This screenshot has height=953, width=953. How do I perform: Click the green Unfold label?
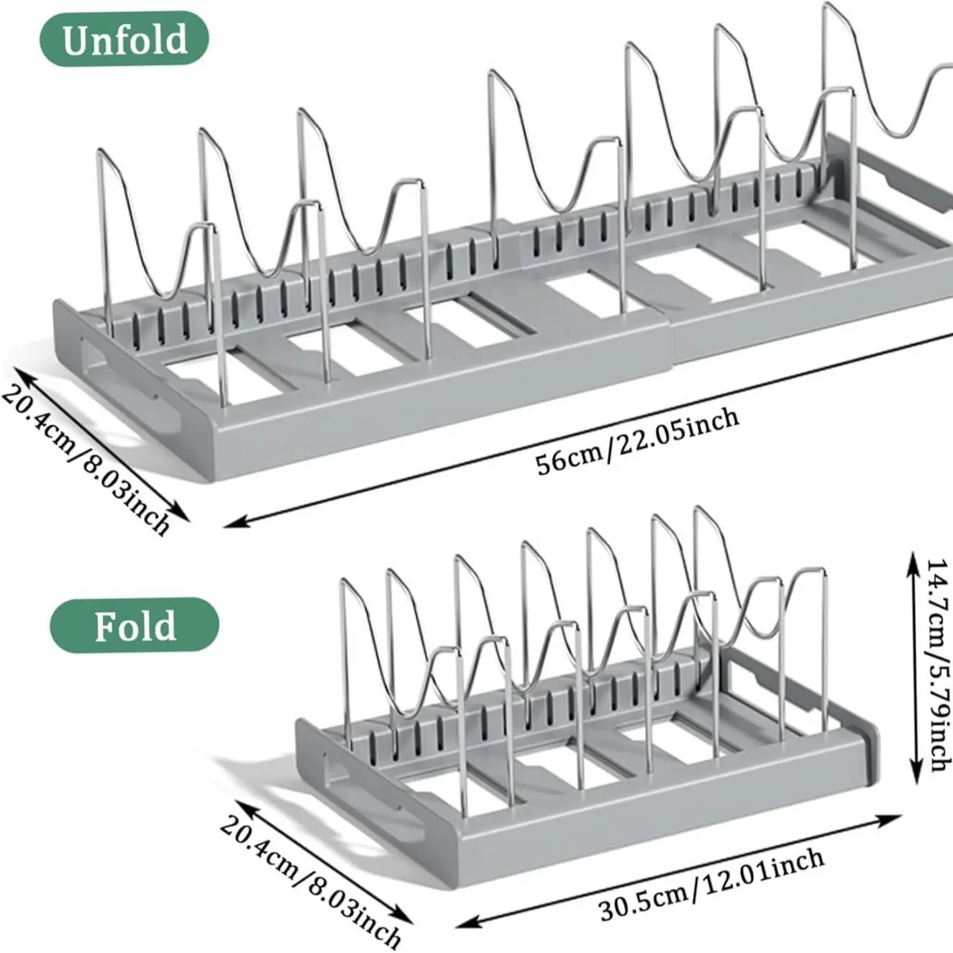(x=124, y=39)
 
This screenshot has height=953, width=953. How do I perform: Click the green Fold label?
(x=134, y=626)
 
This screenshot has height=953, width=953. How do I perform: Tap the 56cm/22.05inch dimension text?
(x=637, y=441)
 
